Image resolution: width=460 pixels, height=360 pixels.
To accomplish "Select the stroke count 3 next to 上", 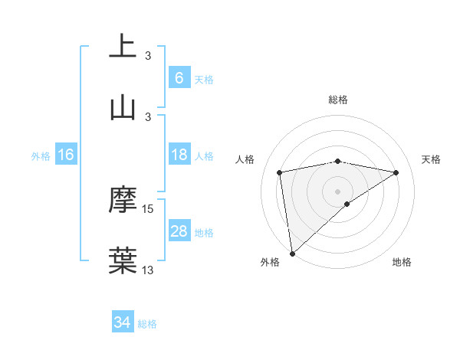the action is pyautogui.click(x=148, y=56).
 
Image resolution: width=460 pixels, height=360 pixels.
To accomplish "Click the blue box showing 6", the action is pyautogui.click(x=179, y=78).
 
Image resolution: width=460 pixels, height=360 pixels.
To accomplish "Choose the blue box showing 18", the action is pyautogui.click(x=179, y=155).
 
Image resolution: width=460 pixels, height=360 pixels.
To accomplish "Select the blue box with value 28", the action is pyautogui.click(x=179, y=231).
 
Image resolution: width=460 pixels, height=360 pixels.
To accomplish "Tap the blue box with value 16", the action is pyautogui.click(x=66, y=155).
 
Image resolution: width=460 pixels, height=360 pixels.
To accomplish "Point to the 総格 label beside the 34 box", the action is pyautogui.click(x=147, y=324).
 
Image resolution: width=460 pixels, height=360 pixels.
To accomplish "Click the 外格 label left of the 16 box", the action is pyautogui.click(x=41, y=156).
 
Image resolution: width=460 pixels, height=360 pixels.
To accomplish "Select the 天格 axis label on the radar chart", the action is pyautogui.click(x=432, y=159).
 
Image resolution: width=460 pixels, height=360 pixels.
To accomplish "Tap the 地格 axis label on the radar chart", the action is pyautogui.click(x=402, y=263).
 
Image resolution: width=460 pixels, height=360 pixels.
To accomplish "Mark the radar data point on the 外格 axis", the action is pyautogui.click(x=292, y=253).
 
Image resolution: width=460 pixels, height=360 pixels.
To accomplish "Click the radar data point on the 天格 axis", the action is pyautogui.click(x=396, y=172).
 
